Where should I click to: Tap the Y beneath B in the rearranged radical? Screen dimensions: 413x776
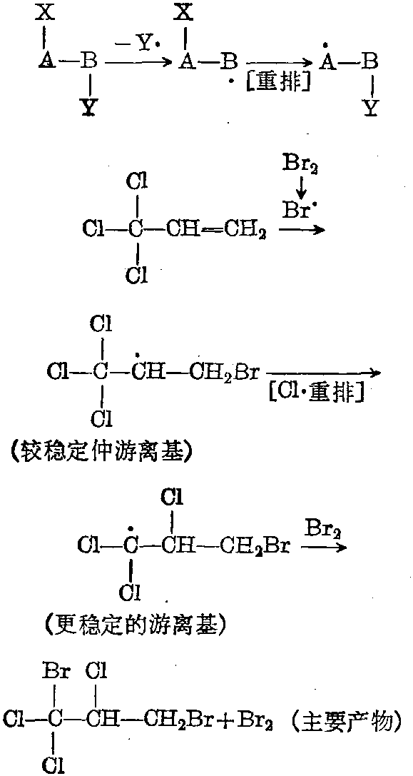[x=370, y=107]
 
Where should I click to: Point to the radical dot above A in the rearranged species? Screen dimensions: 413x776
[x=326, y=46]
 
